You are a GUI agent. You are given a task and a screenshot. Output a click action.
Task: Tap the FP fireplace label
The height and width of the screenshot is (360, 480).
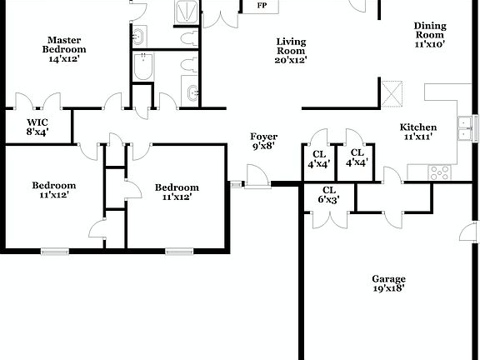tap(262, 6)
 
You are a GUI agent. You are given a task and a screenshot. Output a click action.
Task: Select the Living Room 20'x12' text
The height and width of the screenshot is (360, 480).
tap(291, 49)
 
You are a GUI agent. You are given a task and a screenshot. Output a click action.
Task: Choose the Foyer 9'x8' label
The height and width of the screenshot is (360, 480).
tap(263, 141)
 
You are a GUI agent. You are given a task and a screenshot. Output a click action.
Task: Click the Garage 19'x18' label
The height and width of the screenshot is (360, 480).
tap(389, 283)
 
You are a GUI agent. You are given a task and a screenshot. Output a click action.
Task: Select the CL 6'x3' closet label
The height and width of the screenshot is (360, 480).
tap(328, 195)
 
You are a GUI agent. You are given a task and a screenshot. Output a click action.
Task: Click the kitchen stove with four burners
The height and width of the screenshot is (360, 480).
tap(438, 172)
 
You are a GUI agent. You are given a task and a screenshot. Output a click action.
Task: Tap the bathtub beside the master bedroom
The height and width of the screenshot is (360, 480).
tap(144, 67)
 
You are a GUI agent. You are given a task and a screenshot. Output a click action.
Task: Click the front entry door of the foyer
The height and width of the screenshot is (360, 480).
tap(253, 177)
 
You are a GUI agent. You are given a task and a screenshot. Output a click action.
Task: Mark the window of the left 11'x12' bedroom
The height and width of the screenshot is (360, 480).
tap(54, 250)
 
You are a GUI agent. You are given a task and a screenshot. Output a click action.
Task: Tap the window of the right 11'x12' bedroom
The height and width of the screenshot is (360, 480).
tap(178, 250)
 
